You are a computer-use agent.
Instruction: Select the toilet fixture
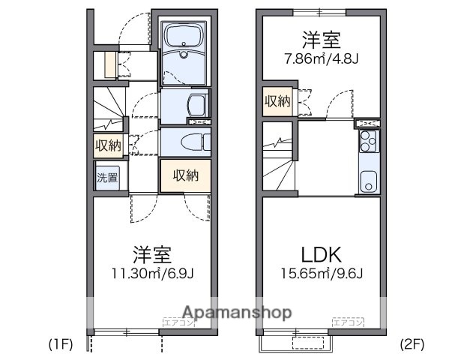coord(188,140)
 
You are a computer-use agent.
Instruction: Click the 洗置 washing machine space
coord(106,178)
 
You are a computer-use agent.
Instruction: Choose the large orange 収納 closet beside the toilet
coord(185,175)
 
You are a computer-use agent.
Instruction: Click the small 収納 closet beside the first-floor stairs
coord(106,145)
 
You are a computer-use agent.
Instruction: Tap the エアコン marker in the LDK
coord(348,323)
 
